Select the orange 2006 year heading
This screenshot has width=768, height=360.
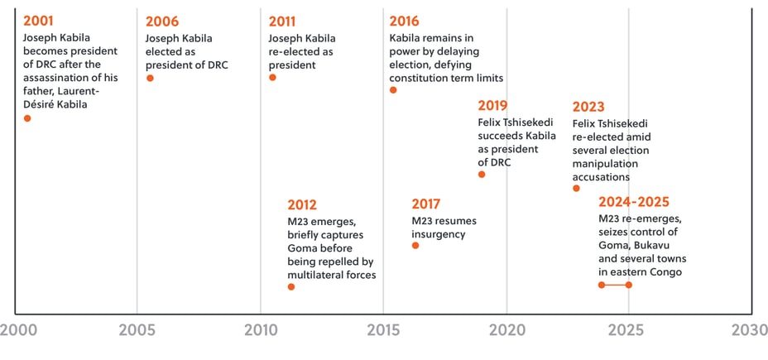pos(162,22)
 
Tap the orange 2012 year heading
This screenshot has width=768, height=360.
pos(302,204)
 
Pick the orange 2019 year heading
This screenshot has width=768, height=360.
pos(493,106)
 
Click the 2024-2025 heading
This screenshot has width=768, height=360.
pos(634,202)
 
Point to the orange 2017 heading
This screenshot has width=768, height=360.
pos(425,204)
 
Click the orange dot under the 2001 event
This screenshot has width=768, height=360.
pos(27,118)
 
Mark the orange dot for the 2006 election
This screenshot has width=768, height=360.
pos(150,78)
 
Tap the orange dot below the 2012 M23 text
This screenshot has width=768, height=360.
pos(290,286)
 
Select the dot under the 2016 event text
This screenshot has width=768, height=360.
pos(393,90)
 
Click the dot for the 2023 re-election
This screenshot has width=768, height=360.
pos(576,189)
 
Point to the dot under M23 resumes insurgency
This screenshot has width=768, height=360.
pos(415,245)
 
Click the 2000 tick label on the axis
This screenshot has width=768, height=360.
pos(17,330)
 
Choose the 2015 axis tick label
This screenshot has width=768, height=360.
pos(383,330)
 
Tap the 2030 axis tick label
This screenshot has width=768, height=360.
pos(749,330)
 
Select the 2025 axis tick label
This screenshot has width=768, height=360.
pos(626,330)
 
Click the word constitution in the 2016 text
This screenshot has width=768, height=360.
pos(421,78)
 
